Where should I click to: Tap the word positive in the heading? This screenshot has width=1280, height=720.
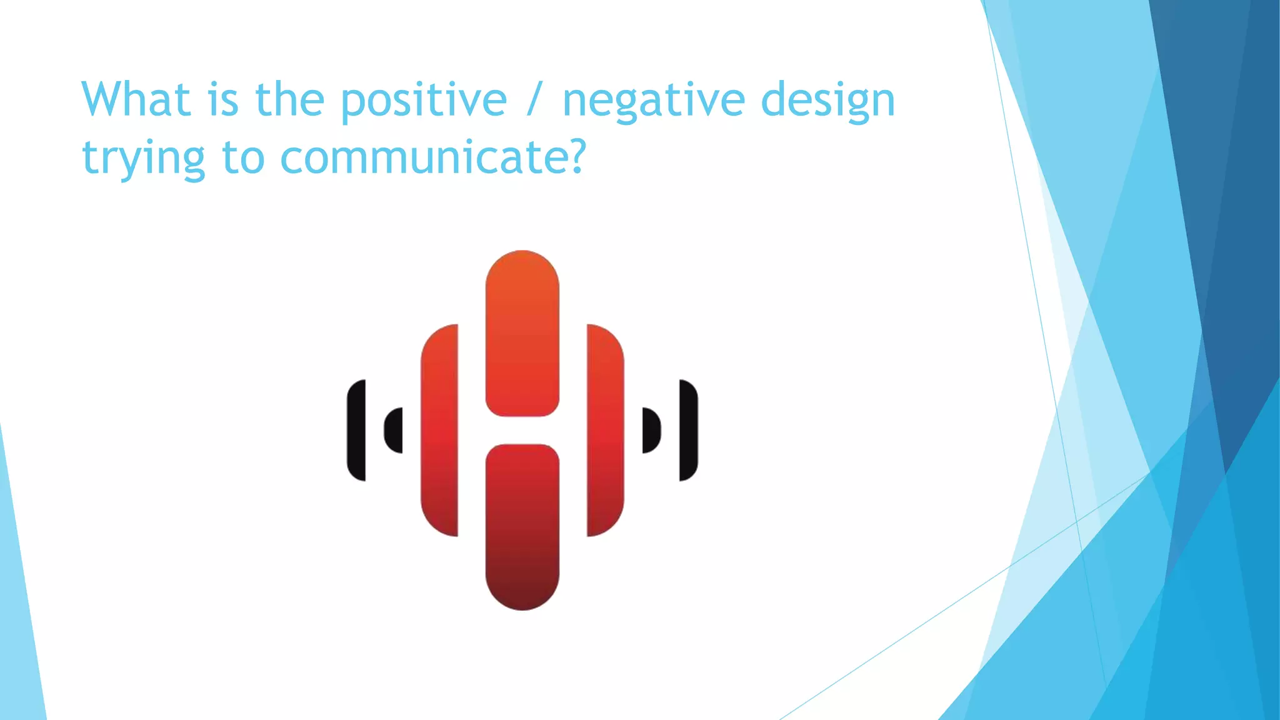(x=423, y=100)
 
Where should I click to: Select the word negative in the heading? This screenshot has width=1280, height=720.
(x=654, y=100)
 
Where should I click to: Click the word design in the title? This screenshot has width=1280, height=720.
(x=828, y=100)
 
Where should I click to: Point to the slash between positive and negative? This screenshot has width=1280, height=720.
(x=533, y=100)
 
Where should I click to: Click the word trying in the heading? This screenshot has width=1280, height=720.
(x=143, y=157)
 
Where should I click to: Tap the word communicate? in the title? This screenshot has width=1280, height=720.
(x=432, y=157)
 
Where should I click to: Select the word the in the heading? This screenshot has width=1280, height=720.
(x=289, y=99)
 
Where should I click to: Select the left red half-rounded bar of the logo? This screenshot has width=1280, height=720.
(x=440, y=430)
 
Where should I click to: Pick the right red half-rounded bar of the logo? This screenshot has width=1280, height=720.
(x=604, y=430)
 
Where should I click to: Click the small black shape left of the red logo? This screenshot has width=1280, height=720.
(x=394, y=430)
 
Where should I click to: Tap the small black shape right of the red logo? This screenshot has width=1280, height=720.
(x=651, y=430)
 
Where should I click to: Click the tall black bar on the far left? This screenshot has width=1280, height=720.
(x=356, y=430)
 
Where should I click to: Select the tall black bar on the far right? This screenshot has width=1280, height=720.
(x=688, y=430)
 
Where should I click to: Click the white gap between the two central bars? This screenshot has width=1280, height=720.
(x=522, y=430)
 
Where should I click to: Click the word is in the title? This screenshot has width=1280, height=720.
(x=223, y=99)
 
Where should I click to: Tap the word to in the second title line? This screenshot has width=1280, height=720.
(x=242, y=157)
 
